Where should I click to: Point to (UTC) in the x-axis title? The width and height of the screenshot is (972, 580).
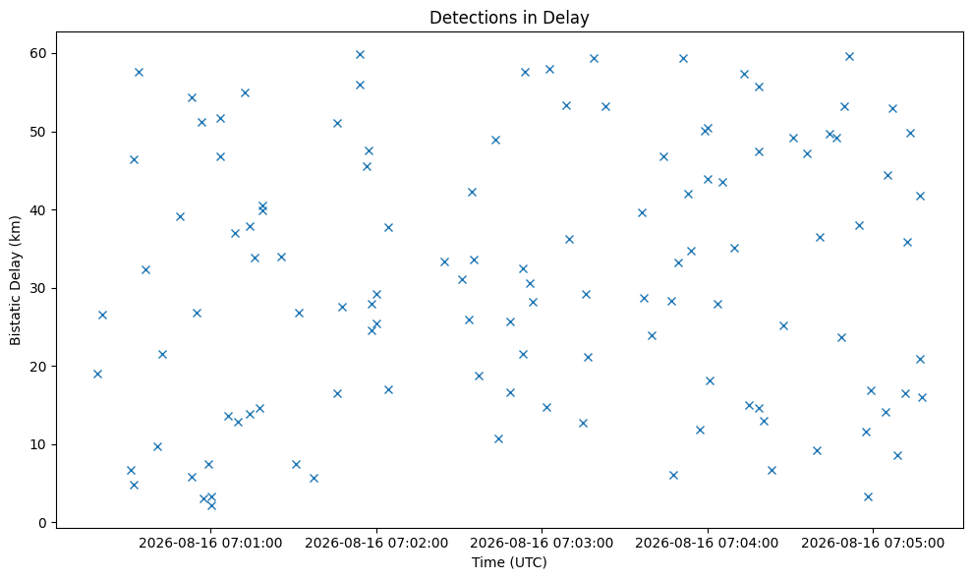coord(528,562)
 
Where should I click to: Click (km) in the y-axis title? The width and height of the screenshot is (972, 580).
coord(15,229)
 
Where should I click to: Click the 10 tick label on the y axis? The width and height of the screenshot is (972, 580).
coord(39,444)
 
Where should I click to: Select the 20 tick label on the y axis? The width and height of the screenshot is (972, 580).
coord(39,367)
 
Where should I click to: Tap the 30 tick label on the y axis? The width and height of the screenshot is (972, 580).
coord(39,288)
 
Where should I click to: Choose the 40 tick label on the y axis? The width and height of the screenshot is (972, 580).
coord(39,210)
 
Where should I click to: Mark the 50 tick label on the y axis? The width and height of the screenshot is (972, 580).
coord(39,132)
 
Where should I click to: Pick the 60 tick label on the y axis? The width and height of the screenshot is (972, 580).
coord(39,53)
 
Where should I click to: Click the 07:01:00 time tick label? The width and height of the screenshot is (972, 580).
coord(210,544)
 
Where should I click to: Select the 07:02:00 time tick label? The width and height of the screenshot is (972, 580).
coord(376,544)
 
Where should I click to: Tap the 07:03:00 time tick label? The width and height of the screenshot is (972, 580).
coord(542,544)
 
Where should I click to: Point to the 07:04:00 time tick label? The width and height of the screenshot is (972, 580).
coord(708,544)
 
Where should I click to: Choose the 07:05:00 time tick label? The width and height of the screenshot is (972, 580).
coord(873,544)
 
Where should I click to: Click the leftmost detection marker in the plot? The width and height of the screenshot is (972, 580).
coord(97,375)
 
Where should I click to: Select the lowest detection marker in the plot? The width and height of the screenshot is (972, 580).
coord(211,505)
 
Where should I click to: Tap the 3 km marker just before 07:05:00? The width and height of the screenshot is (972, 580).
coord(868,496)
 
